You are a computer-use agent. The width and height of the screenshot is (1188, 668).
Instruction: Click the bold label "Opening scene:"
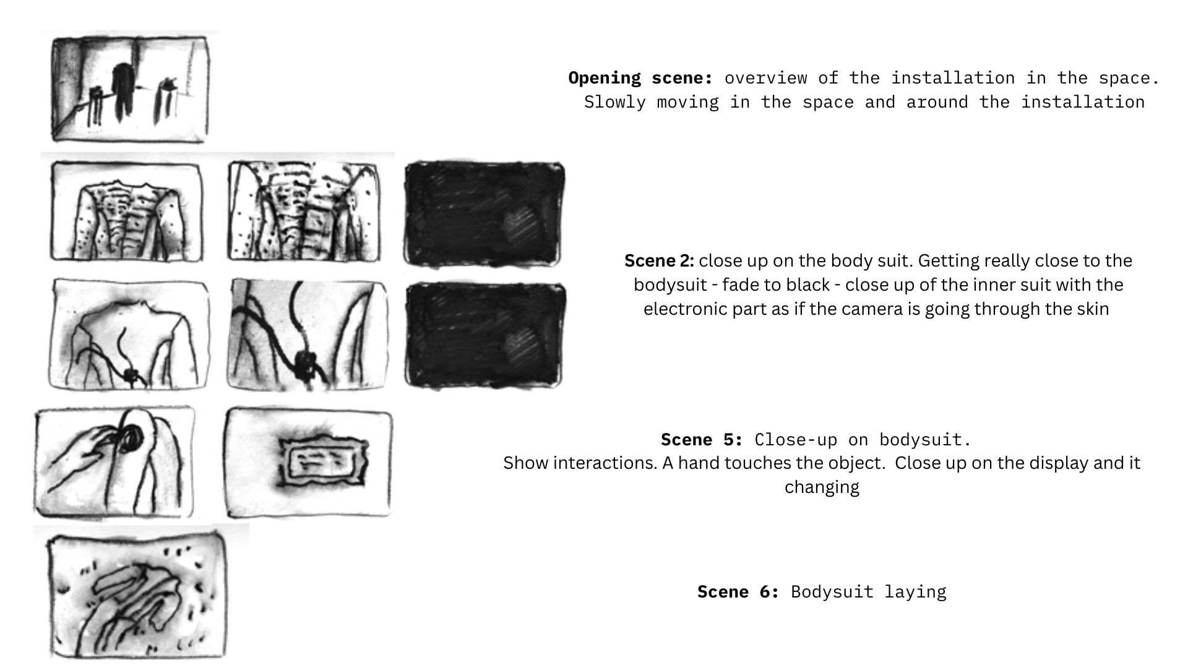pyautogui.click(x=640, y=79)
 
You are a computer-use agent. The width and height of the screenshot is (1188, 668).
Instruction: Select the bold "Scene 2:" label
pyautogui.click(x=659, y=260)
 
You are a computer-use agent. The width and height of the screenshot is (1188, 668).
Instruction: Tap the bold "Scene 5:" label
pyautogui.click(x=702, y=440)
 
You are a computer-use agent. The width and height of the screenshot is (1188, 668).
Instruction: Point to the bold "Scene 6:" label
pyautogui.click(x=738, y=592)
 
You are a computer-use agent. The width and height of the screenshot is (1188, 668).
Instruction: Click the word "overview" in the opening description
pyautogui.click(x=765, y=79)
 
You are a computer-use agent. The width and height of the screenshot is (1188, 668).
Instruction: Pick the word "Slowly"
pyautogui.click(x=615, y=102)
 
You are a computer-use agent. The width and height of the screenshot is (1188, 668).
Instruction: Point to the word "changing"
pyautogui.click(x=822, y=487)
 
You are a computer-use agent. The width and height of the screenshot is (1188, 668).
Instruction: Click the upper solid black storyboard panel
pyautogui.click(x=484, y=213)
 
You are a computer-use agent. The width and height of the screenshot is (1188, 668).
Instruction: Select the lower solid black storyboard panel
pyautogui.click(x=484, y=334)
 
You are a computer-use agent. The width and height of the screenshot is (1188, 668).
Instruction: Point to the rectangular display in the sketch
pyautogui.click(x=322, y=461)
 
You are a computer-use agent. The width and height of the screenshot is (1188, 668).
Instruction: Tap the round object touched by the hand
pyautogui.click(x=131, y=438)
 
